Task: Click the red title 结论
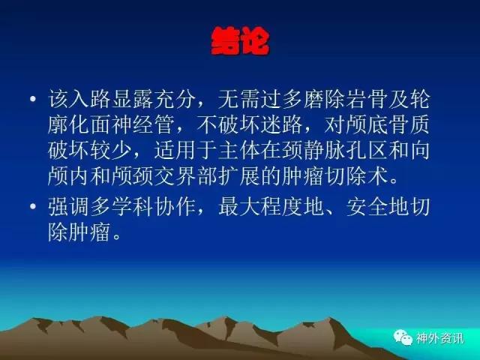click(240, 41)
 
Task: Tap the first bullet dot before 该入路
click(33, 98)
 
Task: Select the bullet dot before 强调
click(33, 206)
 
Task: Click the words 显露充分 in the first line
click(154, 99)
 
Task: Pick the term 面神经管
click(133, 125)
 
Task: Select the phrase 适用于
click(186, 150)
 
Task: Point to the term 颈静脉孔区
click(335, 150)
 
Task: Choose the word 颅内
click(68, 176)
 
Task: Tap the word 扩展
click(239, 176)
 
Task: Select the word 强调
click(68, 207)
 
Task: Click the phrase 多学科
click(122, 207)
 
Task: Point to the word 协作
click(175, 207)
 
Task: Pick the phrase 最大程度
click(260, 207)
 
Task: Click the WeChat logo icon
click(403, 337)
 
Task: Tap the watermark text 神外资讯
click(439, 338)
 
